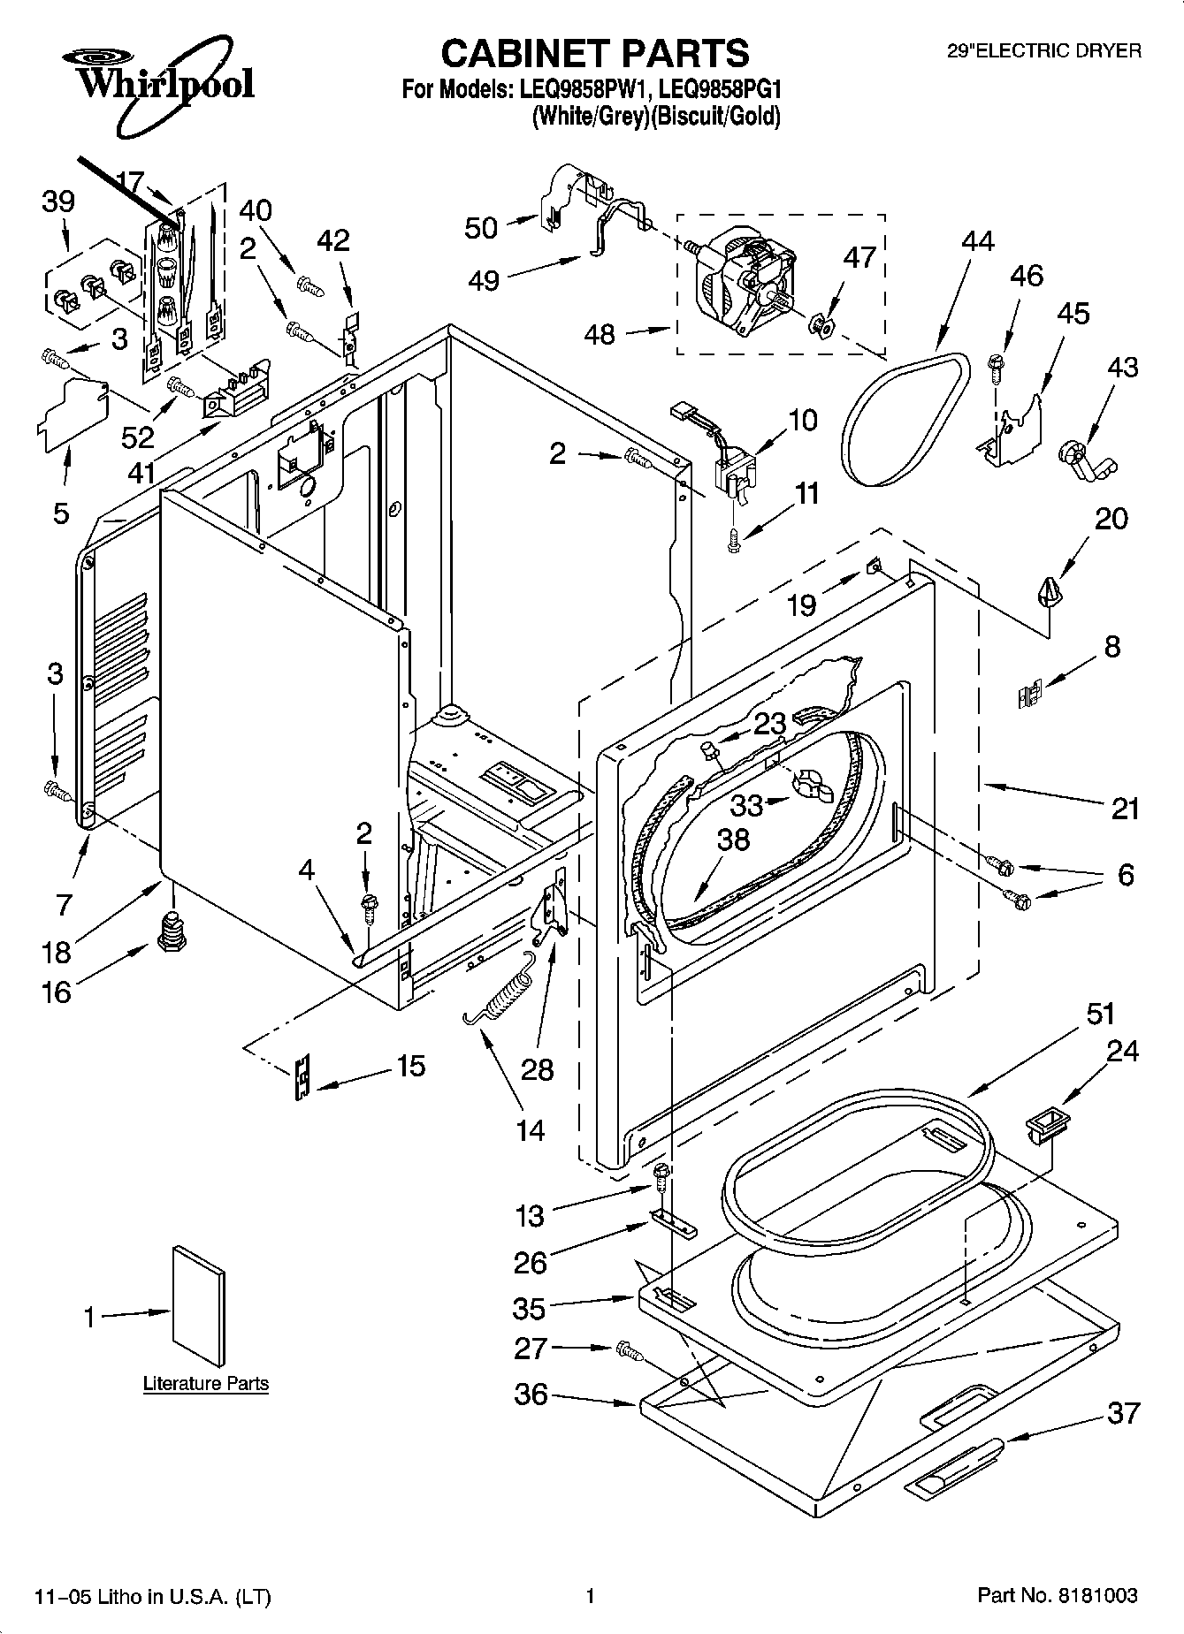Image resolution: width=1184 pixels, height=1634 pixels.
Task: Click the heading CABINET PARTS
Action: coord(594,54)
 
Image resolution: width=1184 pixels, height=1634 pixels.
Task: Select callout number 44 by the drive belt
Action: coord(977,240)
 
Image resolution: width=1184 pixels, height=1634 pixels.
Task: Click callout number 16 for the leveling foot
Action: coord(56,992)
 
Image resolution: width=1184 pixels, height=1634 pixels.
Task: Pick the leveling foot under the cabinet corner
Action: coord(172,929)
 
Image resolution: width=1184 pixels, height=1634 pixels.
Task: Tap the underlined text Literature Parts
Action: coord(206,1383)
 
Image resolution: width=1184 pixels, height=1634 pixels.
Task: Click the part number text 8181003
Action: coord(1097,1595)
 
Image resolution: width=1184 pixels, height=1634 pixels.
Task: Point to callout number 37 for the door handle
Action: coord(1123,1413)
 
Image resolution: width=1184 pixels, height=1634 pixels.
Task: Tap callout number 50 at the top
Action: coord(481,227)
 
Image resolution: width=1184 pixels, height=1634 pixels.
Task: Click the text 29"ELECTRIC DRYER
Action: coord(1044,51)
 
